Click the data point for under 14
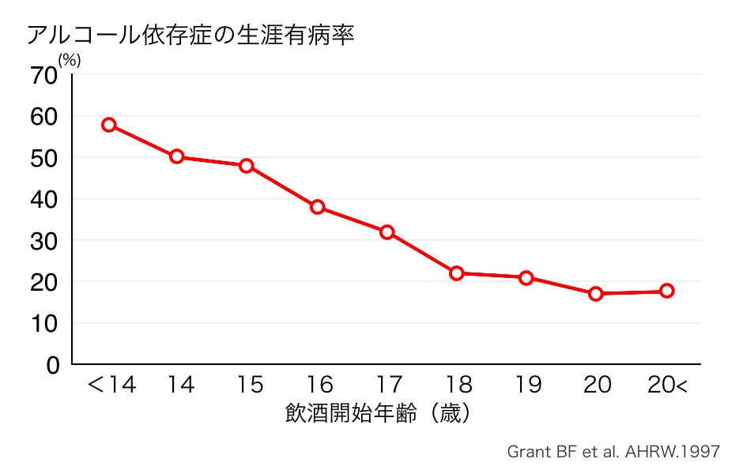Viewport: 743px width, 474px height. coord(109,125)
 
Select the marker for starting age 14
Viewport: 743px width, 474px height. coord(177,156)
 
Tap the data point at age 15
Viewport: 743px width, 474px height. coord(247,166)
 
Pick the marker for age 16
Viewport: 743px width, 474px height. coord(317,207)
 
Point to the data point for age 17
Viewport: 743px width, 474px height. coord(387,232)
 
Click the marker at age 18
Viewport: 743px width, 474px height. coord(456,273)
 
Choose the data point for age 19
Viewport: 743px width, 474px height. coord(526,278)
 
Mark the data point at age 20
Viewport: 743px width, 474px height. coord(596,294)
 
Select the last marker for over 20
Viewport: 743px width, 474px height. coord(666,291)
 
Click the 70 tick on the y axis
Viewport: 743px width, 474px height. coord(44,76)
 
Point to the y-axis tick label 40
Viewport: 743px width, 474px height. coord(44,200)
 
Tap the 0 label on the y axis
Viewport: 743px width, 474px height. coord(52,365)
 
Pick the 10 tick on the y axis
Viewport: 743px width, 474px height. coord(44,324)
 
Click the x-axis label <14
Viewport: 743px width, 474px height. coord(111,386)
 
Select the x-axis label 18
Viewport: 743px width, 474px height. coord(458,386)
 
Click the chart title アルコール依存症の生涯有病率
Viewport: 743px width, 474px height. coord(190,36)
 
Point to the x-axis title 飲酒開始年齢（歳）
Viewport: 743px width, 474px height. coord(379,413)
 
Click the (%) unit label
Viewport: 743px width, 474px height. coord(69,60)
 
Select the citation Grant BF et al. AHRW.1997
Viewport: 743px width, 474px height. coord(613,452)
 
